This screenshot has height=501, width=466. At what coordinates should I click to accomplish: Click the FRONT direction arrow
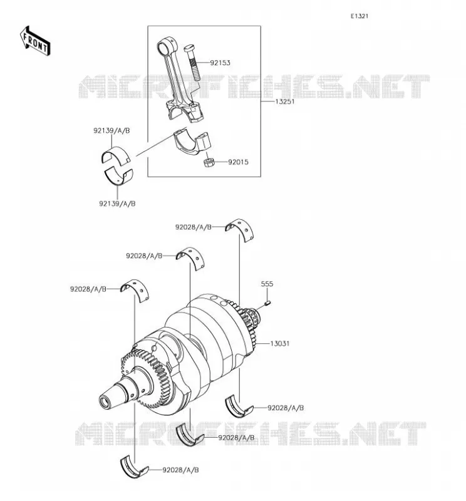coord(35,41)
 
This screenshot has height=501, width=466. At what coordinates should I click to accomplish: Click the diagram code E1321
coord(360,16)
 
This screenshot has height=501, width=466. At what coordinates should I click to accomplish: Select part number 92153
coord(220,63)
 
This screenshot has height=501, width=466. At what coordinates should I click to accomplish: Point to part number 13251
coord(285,101)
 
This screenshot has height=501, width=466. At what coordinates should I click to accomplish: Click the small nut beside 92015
coord(209,162)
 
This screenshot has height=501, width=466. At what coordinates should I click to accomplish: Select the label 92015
coord(238,162)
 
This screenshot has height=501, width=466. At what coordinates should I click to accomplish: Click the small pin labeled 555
coord(268,302)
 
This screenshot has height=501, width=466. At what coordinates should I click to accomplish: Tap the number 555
coord(267,284)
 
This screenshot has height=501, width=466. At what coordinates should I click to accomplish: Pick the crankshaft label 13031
coord(280,343)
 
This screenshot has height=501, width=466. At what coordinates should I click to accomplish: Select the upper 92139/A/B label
coord(111,131)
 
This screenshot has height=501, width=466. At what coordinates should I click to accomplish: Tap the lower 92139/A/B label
coord(117,204)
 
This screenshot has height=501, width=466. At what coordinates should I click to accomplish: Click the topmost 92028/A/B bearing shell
coord(241,229)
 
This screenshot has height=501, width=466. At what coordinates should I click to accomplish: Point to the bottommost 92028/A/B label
coord(180,470)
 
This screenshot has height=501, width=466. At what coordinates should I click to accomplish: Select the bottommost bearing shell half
coord(134,467)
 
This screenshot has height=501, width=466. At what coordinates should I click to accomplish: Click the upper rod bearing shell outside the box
coord(116,155)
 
